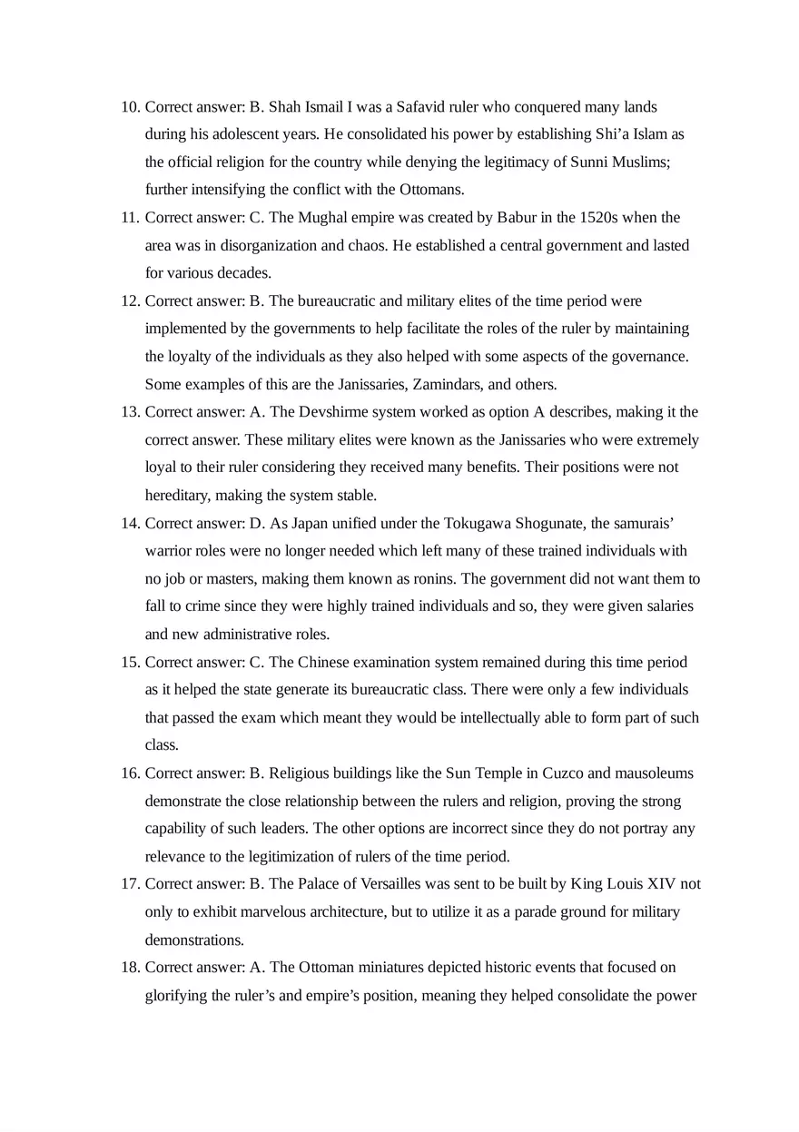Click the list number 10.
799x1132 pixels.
[129, 107]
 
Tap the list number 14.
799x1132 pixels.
[129, 523]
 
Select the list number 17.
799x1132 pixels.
[129, 883]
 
